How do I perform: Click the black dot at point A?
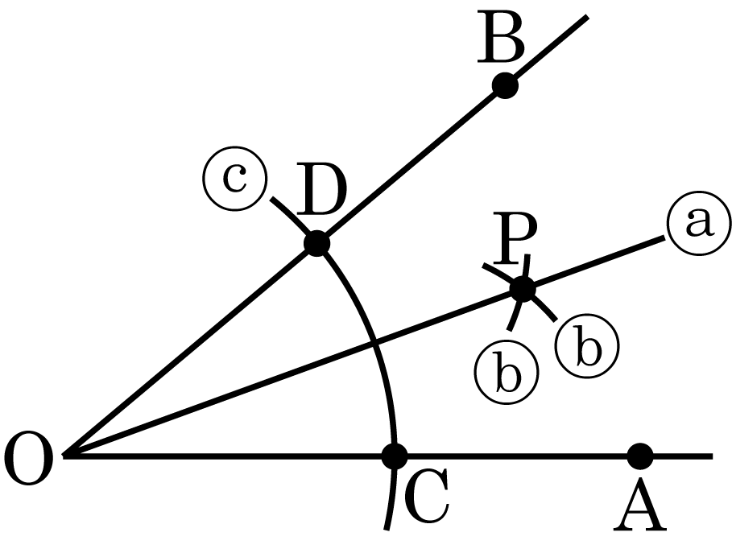click(x=639, y=456)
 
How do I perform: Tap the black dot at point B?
click(x=505, y=85)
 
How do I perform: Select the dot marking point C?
click(x=395, y=456)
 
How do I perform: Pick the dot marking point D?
click(x=316, y=243)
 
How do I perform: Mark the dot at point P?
click(x=523, y=289)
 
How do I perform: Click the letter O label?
click(x=28, y=459)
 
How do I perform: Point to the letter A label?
click(x=640, y=505)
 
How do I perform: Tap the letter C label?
click(x=426, y=495)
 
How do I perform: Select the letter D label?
click(x=321, y=189)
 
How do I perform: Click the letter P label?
click(x=515, y=238)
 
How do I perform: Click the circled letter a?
click(x=699, y=223)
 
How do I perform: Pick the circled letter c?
click(x=235, y=178)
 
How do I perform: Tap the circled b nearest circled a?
click(x=587, y=345)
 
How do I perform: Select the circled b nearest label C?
click(x=507, y=372)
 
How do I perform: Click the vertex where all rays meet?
click(x=64, y=456)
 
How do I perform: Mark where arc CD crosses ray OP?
click(x=374, y=344)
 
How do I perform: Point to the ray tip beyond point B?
click(x=587, y=17)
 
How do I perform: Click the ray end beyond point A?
click(x=712, y=456)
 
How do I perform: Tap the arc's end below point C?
click(x=387, y=529)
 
